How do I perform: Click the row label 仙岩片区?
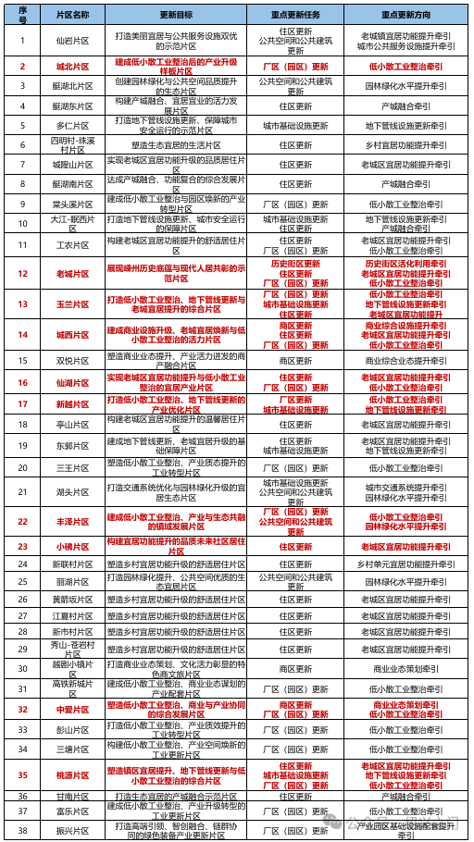point(72,41)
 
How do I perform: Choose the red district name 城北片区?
point(72,67)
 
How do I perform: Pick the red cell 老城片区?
point(72,274)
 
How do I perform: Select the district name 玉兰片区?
point(72,303)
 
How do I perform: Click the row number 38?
point(22,829)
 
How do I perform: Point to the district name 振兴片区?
point(72,829)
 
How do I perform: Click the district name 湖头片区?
point(72,491)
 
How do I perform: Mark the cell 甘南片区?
point(72,796)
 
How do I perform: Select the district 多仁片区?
point(72,125)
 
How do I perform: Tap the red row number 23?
point(22,546)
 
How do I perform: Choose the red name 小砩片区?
point(72,546)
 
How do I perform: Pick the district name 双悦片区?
point(72,359)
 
